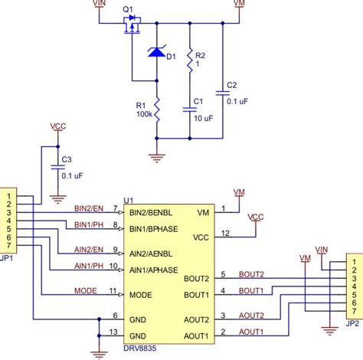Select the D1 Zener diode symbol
[x=156, y=53]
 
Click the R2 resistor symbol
[x=189, y=67]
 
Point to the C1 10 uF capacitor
[x=189, y=110]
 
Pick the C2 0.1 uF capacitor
[x=223, y=92]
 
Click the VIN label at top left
[x=99, y=5]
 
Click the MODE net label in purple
[x=85, y=291]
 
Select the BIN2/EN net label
[x=90, y=207]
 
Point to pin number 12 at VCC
[x=224, y=233]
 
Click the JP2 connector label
[x=352, y=324]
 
